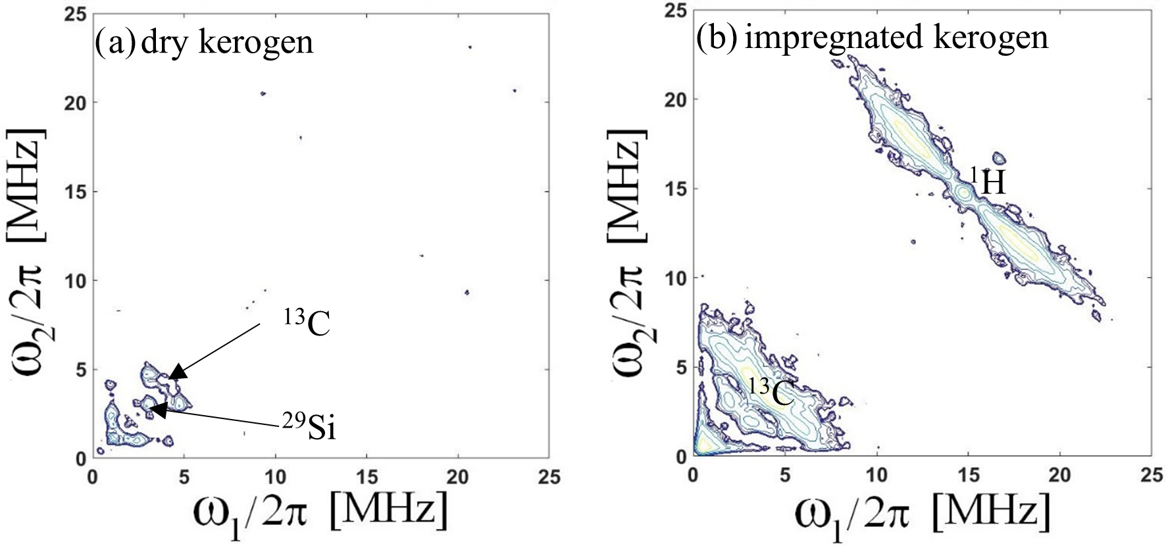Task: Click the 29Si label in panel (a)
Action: click(x=309, y=426)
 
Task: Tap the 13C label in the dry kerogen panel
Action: click(x=307, y=322)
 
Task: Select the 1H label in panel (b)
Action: click(x=988, y=182)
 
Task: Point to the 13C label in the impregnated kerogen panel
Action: click(x=771, y=391)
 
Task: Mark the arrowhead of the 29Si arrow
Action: click(x=157, y=410)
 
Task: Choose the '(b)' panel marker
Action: click(x=717, y=38)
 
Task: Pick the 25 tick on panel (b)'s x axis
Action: click(x=1151, y=474)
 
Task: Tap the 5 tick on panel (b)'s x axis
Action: click(x=785, y=474)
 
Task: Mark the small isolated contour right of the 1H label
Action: click(x=999, y=158)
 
